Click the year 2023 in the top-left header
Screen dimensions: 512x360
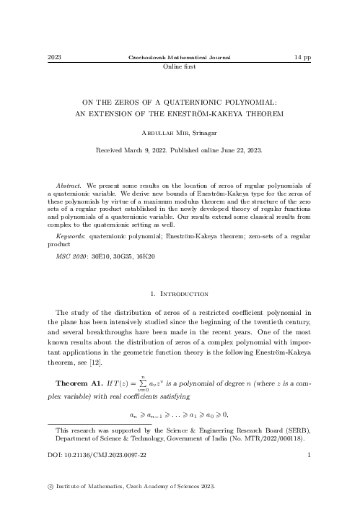point(53,56)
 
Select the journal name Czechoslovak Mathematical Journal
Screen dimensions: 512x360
point(179,56)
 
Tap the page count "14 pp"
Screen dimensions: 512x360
point(303,56)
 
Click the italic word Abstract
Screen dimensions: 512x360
point(70,186)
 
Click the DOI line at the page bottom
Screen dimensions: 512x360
point(91,455)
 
